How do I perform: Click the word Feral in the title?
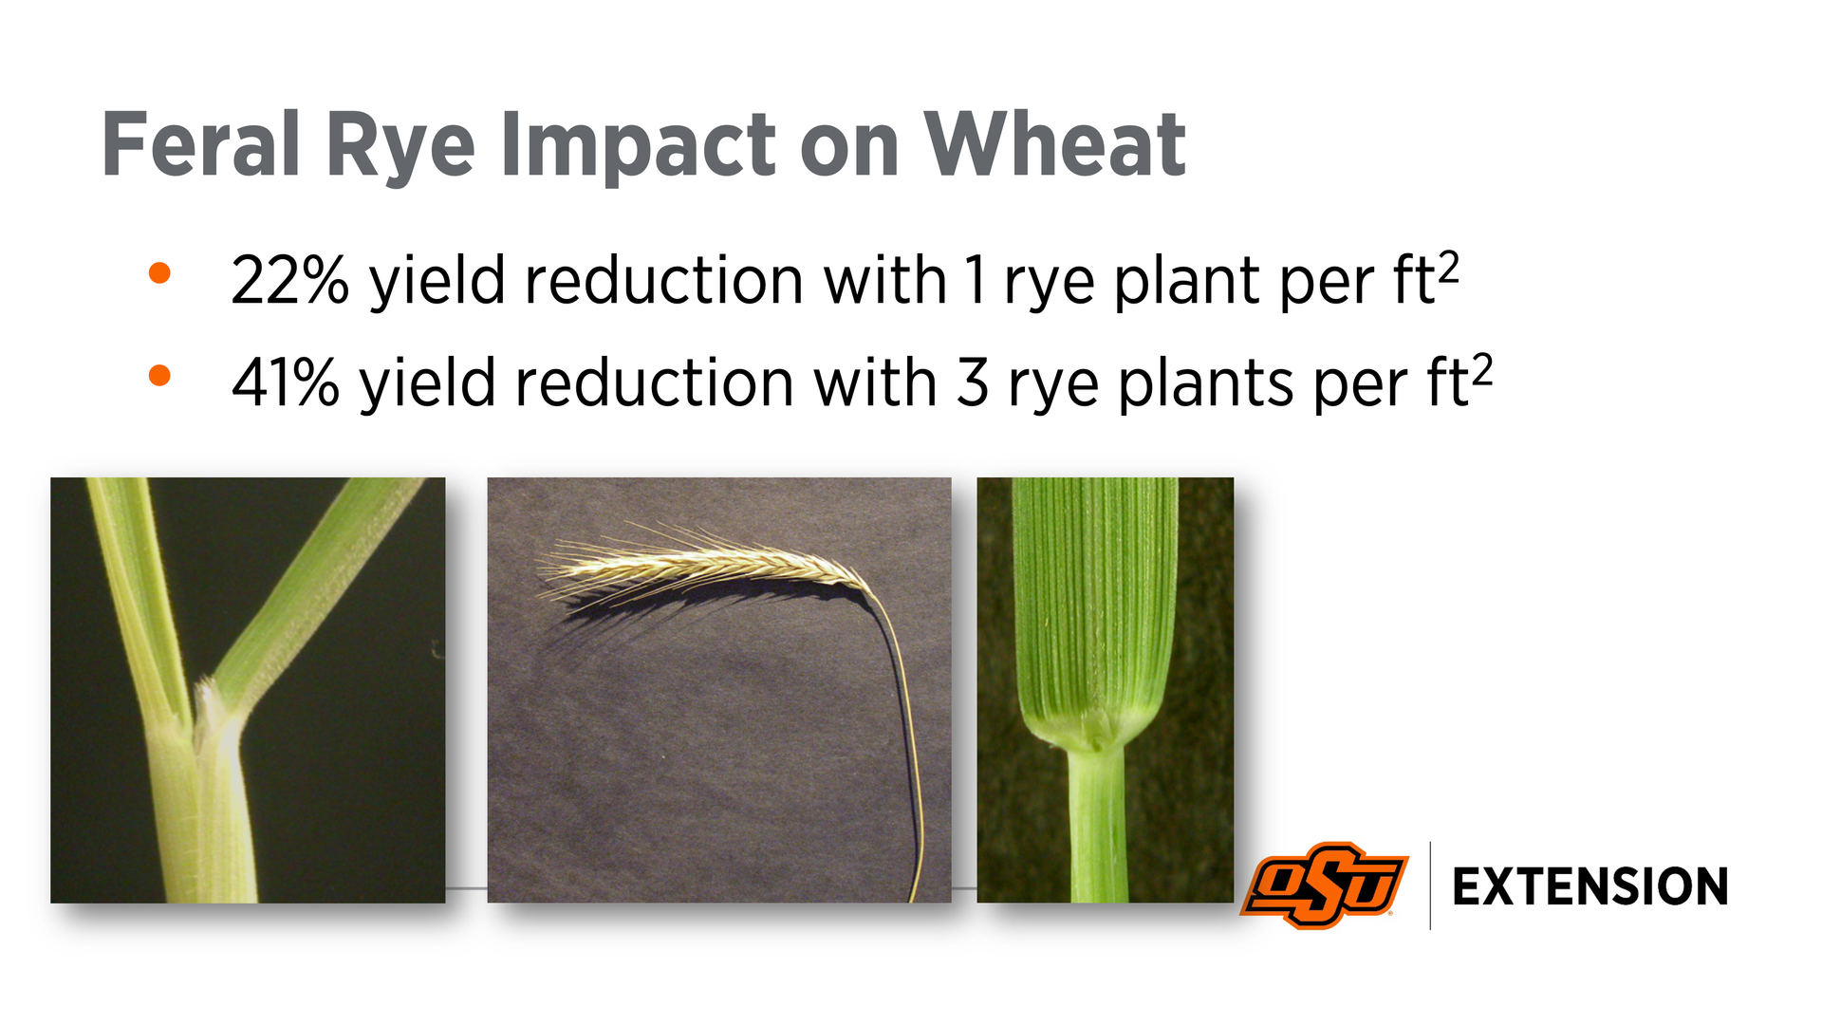pyautogui.click(x=201, y=144)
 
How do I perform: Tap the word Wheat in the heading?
pyautogui.click(x=1054, y=144)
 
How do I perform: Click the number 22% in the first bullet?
pyautogui.click(x=289, y=280)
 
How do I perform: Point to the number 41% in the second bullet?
pyautogui.click(x=286, y=382)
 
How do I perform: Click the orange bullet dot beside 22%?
pyautogui.click(x=159, y=273)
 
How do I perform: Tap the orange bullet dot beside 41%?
pyautogui.click(x=159, y=376)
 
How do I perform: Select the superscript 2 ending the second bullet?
pyautogui.click(x=1482, y=369)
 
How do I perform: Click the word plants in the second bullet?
pyautogui.click(x=1206, y=384)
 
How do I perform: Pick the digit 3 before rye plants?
pyautogui.click(x=973, y=382)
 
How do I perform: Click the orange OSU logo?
pyautogui.click(x=1324, y=885)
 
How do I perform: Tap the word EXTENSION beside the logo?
pyautogui.click(x=1590, y=886)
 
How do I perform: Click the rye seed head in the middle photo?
pyautogui.click(x=702, y=566)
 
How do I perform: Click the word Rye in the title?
pyautogui.click(x=400, y=148)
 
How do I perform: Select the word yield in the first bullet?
pyautogui.click(x=437, y=282)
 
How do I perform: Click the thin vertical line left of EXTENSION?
pyautogui.click(x=1430, y=885)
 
